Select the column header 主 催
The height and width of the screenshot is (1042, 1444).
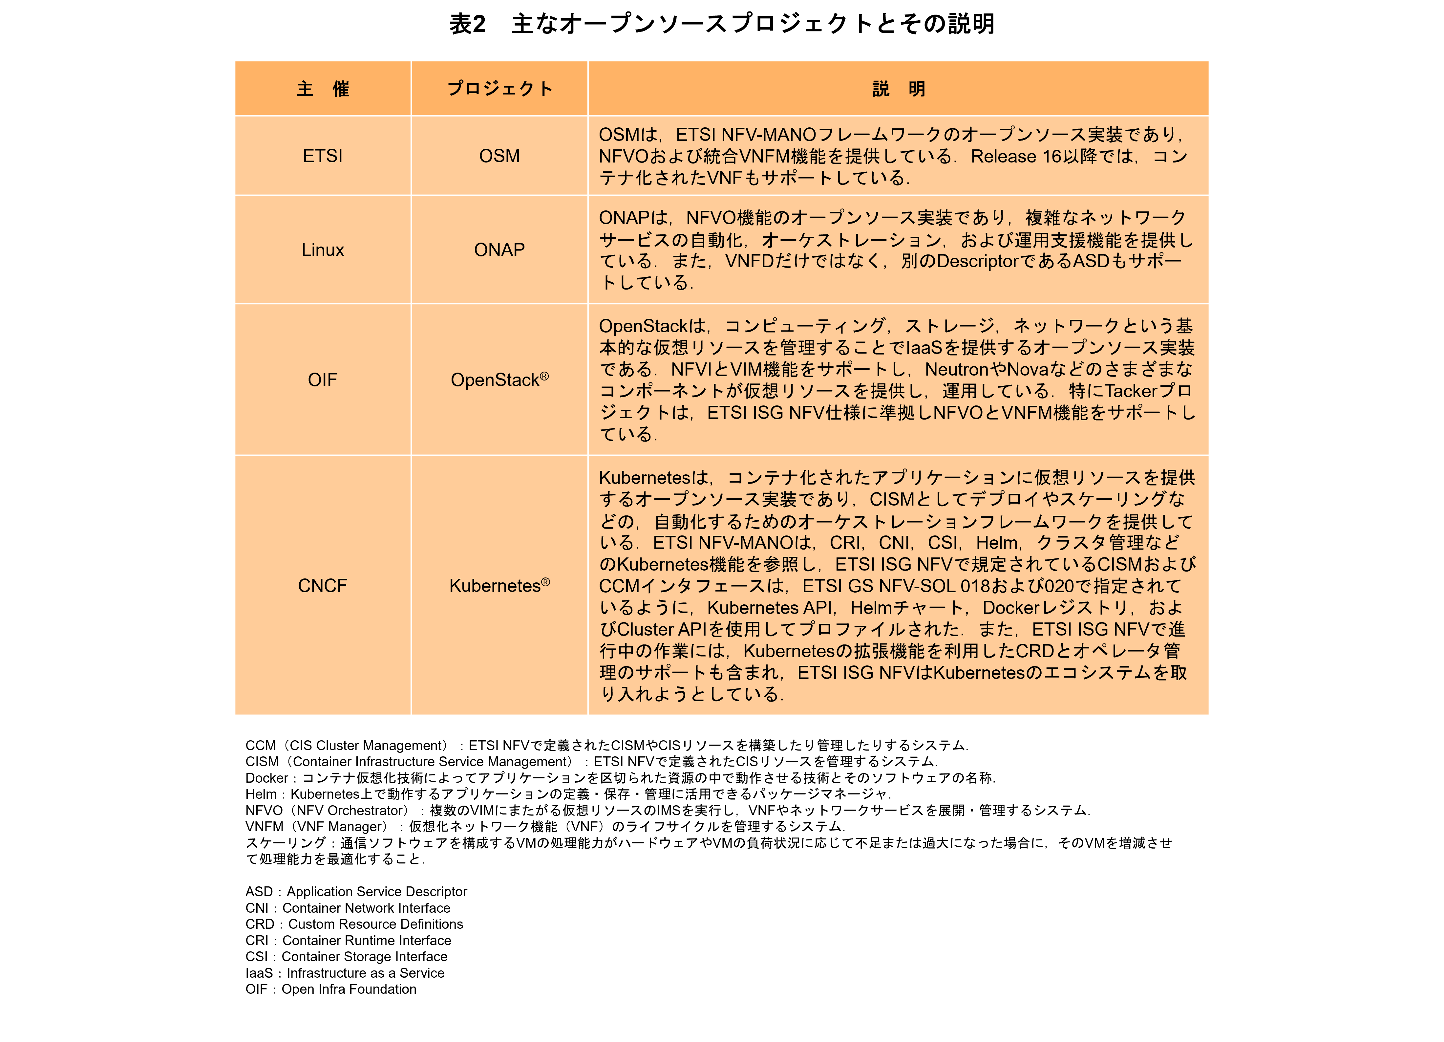pyautogui.click(x=323, y=89)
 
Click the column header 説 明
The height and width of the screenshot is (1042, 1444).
pyautogui.click(x=898, y=89)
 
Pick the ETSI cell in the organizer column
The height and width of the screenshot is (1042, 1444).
pyautogui.click(x=323, y=156)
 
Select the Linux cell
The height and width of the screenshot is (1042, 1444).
pyautogui.click(x=323, y=250)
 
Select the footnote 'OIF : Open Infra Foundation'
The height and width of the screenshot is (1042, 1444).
pyautogui.click(x=331, y=989)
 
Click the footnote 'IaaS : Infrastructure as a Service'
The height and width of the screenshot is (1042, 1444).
pyautogui.click(x=345, y=973)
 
